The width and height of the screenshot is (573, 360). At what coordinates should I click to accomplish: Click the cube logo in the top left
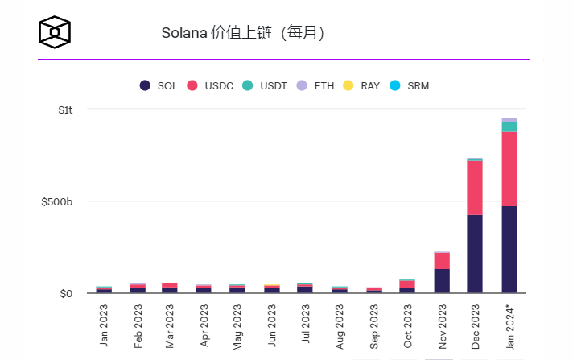point(55,31)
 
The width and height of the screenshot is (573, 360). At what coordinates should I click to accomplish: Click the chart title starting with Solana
point(242,33)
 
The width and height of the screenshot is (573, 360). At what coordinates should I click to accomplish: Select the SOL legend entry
point(159,85)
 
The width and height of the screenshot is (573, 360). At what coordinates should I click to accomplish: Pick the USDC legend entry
point(210,85)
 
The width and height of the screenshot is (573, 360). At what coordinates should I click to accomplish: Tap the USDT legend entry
point(263,85)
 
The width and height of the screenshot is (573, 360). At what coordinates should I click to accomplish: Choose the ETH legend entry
point(315,85)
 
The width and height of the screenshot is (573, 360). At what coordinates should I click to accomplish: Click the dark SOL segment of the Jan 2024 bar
point(509,249)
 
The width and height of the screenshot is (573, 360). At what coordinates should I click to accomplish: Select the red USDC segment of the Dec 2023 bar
point(475,188)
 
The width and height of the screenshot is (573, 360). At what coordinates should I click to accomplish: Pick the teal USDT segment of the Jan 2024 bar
point(509,126)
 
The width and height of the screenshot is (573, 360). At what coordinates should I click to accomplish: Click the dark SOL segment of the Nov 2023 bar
point(441,280)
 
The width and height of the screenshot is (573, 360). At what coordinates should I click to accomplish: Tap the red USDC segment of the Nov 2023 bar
point(441,260)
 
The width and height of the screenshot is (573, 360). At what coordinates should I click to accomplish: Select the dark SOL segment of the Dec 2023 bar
point(475,254)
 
